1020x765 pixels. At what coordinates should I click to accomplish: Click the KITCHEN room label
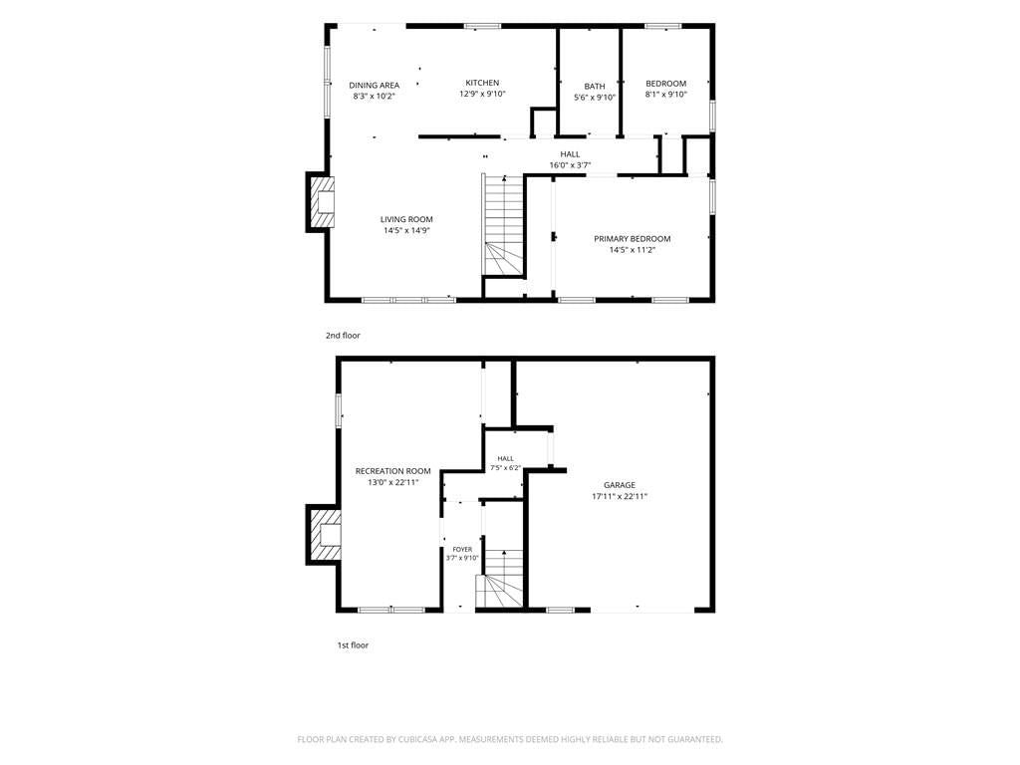482,83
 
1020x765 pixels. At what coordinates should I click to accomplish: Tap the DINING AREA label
375,86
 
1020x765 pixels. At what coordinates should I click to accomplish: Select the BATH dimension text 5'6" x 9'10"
595,98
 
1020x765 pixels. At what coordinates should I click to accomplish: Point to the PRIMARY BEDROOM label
632,239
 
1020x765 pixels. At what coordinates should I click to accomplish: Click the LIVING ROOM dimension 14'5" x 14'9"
406,230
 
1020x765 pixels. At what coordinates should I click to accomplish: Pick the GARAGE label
620,485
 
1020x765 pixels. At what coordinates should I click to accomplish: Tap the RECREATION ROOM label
392,471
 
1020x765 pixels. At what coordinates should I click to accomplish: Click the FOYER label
462,550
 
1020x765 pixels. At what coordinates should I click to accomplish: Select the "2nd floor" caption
343,336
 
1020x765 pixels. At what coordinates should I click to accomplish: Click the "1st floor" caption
353,645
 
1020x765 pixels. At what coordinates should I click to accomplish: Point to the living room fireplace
320,202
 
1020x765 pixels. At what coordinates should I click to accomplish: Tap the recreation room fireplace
324,535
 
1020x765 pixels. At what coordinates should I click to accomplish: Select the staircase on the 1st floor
500,579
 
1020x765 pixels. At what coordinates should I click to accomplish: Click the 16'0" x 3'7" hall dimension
570,165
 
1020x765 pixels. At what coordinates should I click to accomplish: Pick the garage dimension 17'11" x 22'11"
620,496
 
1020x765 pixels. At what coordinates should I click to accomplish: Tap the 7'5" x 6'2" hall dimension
505,468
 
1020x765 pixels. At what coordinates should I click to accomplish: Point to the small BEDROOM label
665,84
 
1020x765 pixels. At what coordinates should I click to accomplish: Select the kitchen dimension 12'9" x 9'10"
482,94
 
